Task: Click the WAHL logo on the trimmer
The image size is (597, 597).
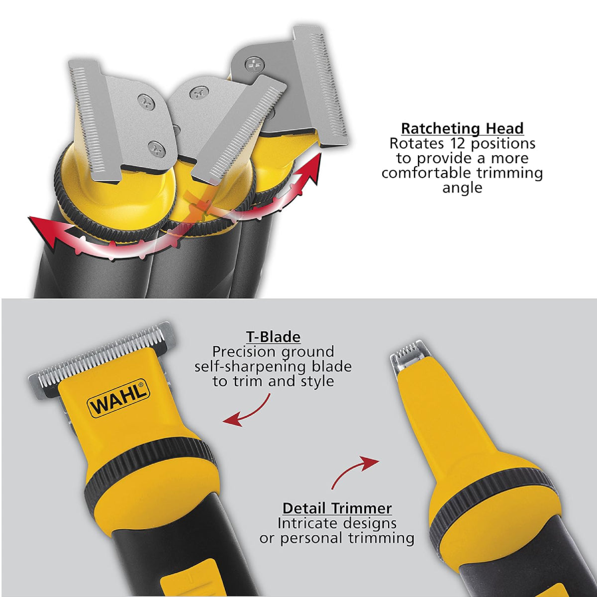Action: pyautogui.click(x=119, y=398)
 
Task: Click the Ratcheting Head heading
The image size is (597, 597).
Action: pyautogui.click(x=462, y=128)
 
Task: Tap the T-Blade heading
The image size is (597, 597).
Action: pyautogui.click(x=273, y=337)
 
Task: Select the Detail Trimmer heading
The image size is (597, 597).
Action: pyautogui.click(x=337, y=508)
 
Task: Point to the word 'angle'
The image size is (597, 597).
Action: pyautogui.click(x=462, y=188)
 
